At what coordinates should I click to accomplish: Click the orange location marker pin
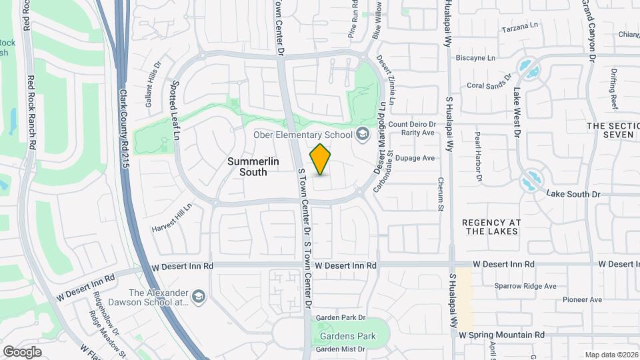pos(321,159)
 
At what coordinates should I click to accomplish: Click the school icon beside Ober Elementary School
pos(362,135)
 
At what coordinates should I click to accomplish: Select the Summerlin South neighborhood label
pos(247,167)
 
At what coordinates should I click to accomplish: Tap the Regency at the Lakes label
pos(491,227)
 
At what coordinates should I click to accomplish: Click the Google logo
pos(22,351)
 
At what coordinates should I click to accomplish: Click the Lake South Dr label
pos(573,194)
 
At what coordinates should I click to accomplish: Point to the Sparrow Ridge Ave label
pos(525,286)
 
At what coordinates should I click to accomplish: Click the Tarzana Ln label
pos(519,27)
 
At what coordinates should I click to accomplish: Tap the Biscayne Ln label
pos(476,58)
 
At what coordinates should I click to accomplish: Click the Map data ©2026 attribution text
pos(611,355)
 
